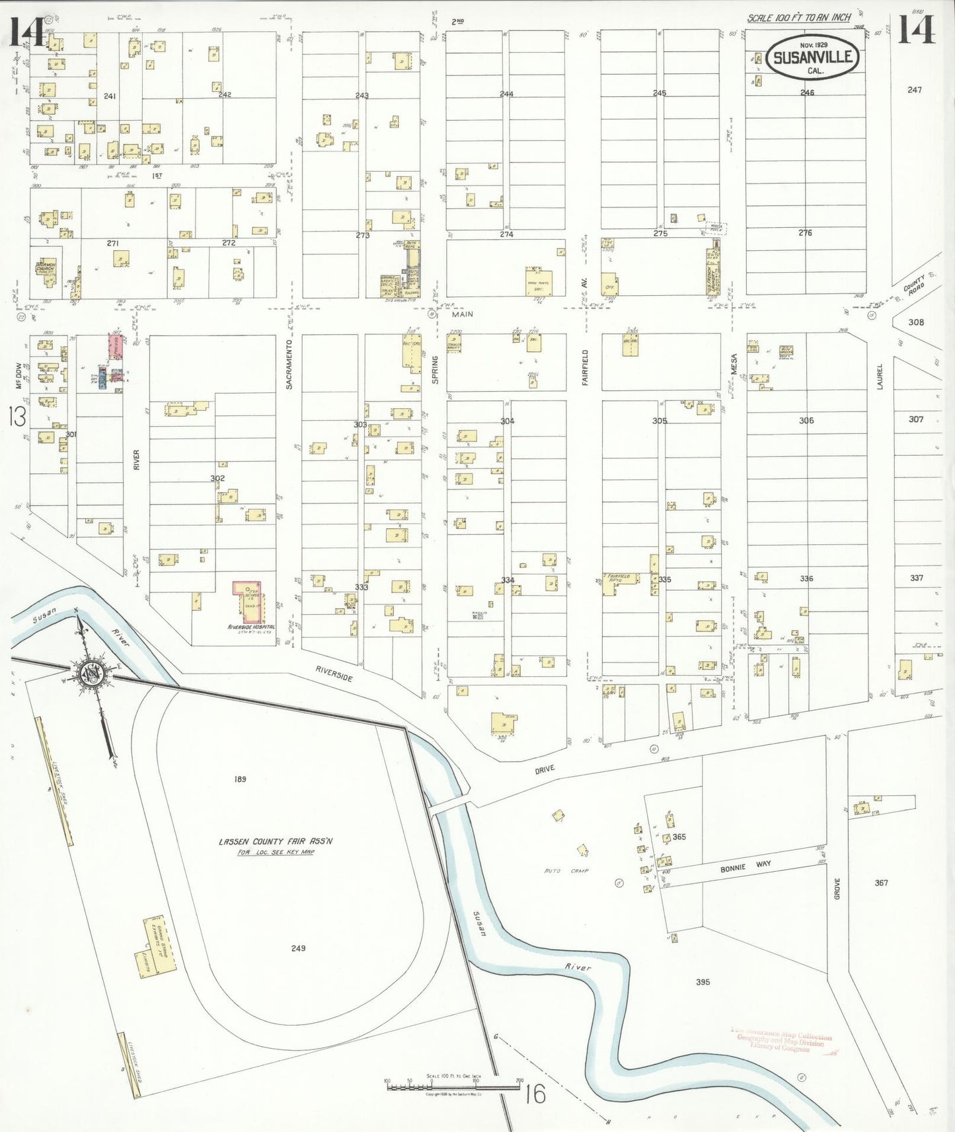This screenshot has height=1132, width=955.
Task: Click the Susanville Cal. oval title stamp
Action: click(x=814, y=57)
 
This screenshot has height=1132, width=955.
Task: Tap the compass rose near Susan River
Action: click(x=90, y=674)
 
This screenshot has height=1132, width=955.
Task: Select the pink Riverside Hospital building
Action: click(x=248, y=602)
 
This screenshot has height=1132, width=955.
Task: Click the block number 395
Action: click(x=703, y=982)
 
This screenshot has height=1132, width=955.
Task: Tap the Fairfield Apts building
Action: click(x=619, y=583)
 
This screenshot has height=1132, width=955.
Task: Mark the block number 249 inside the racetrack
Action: click(x=298, y=948)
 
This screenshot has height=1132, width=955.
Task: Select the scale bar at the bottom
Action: click(x=453, y=1084)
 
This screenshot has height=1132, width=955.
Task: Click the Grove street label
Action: click(x=837, y=889)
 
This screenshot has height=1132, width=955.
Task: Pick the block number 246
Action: click(x=807, y=93)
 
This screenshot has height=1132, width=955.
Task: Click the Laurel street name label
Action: click(x=880, y=377)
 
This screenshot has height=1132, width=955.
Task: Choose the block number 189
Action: click(x=240, y=779)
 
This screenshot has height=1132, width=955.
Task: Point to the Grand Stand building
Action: click(x=159, y=948)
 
